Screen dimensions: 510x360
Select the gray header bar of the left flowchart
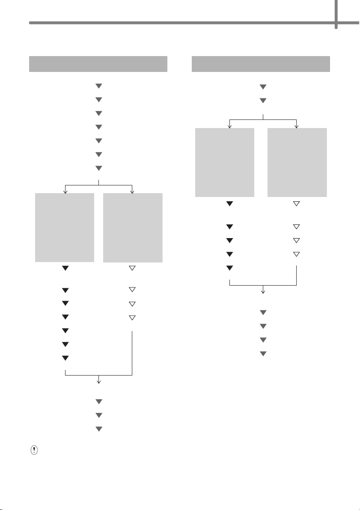click(98, 64)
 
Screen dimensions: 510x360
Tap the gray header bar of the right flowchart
click(261, 64)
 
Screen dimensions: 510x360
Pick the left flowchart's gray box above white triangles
click(133, 228)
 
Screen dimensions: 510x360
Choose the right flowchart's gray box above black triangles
click(225, 162)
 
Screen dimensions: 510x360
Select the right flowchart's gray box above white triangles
click(297, 162)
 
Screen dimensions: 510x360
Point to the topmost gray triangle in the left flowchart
click(98, 86)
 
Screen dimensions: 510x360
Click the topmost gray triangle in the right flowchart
click(263, 87)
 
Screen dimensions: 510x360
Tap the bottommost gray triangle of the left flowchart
click(98, 429)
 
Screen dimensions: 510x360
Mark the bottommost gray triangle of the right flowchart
click(263, 354)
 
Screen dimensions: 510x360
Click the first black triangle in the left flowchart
click(65, 268)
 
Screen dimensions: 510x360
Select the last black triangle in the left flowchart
click(65, 358)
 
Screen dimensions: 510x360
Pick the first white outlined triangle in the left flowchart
click(132, 268)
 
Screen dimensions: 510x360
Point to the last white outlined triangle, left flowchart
click(132, 317)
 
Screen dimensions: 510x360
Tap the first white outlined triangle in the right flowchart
click(296, 204)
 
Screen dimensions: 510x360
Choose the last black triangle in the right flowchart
click(230, 268)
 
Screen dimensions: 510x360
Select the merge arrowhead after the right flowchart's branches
click(263, 291)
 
